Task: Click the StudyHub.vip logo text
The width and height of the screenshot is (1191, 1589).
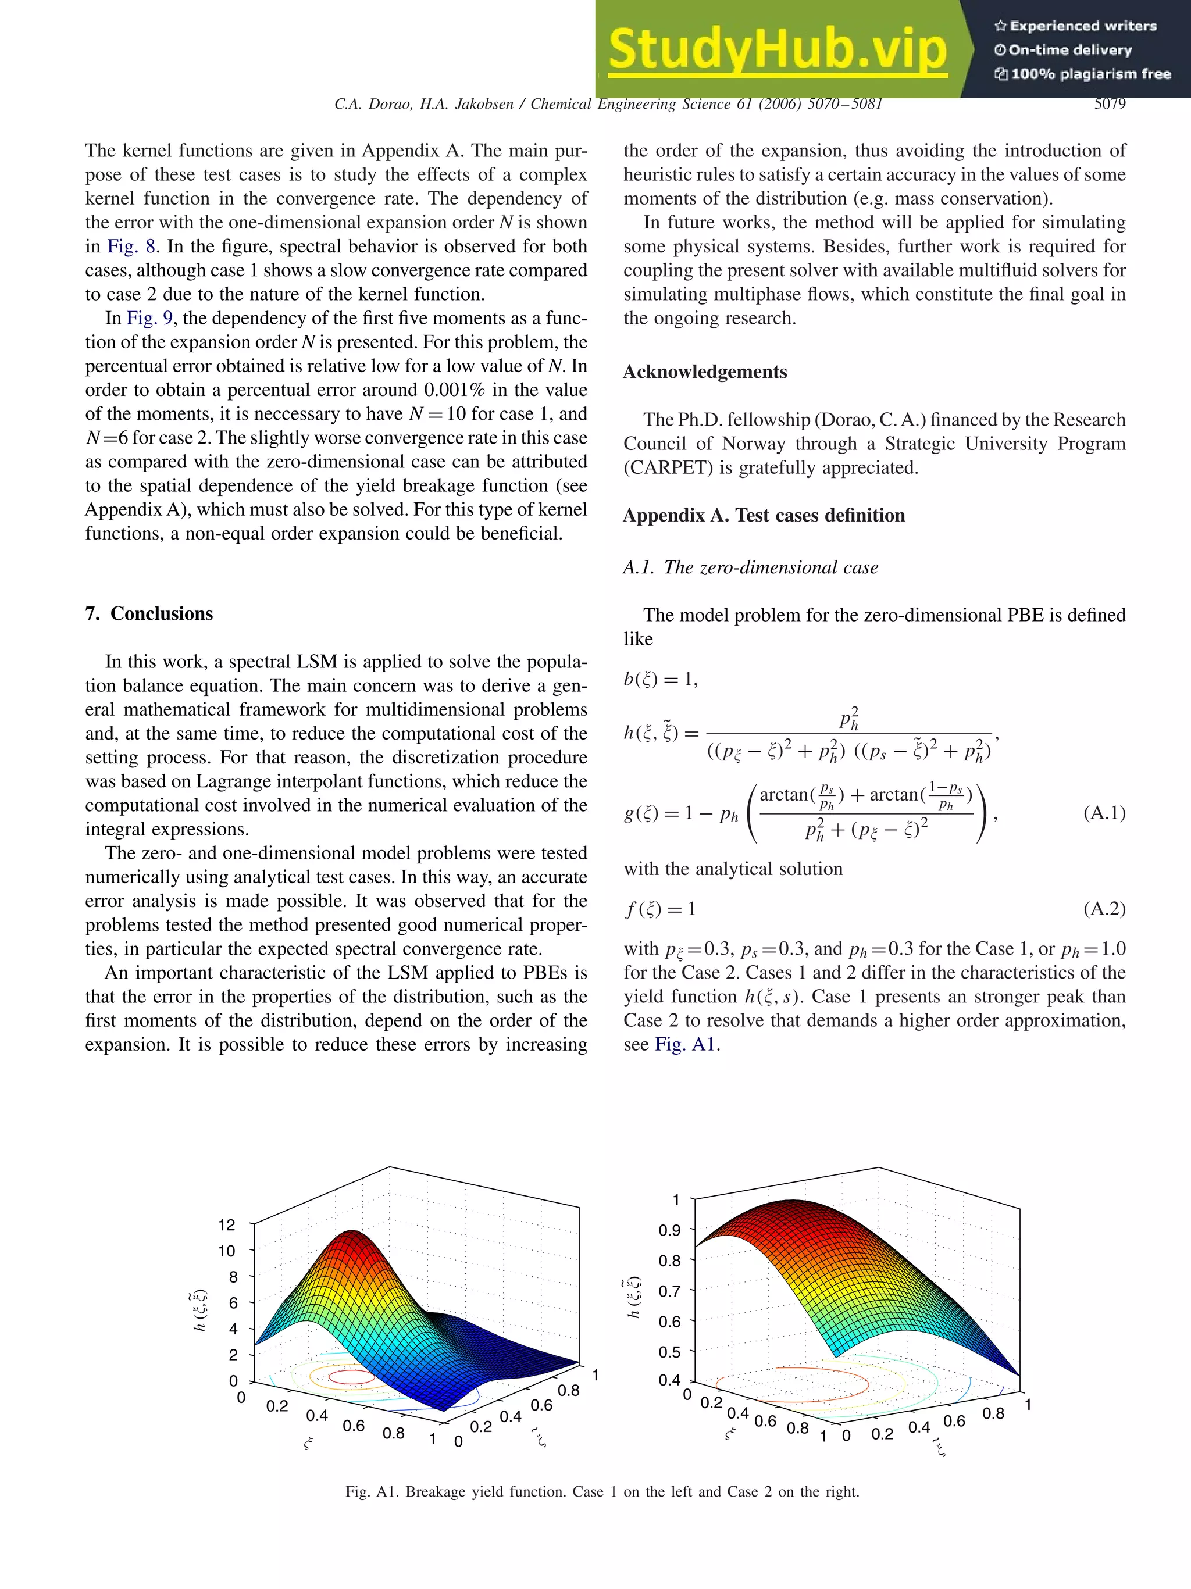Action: (x=778, y=49)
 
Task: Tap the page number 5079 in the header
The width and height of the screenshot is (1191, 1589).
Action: (x=1109, y=104)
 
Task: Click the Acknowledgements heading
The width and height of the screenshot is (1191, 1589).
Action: (x=705, y=372)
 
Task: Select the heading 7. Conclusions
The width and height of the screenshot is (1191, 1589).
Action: (x=149, y=613)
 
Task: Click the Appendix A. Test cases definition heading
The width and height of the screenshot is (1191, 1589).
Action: (x=764, y=516)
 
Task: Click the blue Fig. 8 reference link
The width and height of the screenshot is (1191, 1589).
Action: (x=131, y=247)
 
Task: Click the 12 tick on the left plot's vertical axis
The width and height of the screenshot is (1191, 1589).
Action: (x=226, y=1225)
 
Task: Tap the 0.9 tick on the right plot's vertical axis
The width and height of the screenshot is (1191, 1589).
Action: (x=669, y=1230)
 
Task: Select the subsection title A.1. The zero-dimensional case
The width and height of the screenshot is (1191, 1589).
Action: (x=750, y=567)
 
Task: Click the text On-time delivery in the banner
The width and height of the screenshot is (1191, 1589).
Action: (x=1069, y=50)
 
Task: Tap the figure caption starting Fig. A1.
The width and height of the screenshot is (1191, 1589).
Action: (x=602, y=1492)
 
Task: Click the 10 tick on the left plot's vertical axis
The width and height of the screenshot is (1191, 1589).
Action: (x=226, y=1251)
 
